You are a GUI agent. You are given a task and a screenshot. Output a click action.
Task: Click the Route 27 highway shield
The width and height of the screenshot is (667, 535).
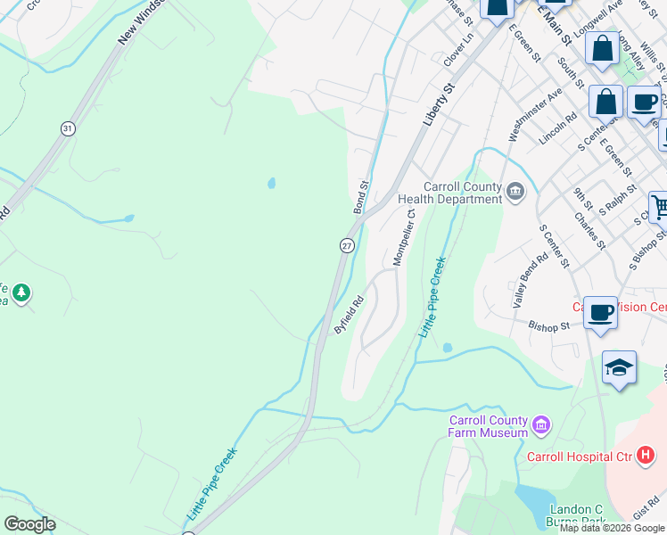347,245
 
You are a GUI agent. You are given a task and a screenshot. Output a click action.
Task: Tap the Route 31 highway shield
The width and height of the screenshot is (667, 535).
68,129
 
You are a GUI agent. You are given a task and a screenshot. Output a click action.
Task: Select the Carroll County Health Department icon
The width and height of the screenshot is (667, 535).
515,191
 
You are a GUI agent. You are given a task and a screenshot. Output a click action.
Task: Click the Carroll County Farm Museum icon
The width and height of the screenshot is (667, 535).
541,426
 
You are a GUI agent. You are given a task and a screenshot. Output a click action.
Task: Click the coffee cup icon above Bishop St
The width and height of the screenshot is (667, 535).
600,313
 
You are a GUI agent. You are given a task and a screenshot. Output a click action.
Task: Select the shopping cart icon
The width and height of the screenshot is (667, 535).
659,209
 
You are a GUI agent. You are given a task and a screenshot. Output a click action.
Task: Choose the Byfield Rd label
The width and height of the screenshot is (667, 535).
350,315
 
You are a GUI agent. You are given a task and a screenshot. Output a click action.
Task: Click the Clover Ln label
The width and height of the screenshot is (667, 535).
457,51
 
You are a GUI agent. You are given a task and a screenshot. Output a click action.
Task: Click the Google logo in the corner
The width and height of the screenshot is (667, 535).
29,524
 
